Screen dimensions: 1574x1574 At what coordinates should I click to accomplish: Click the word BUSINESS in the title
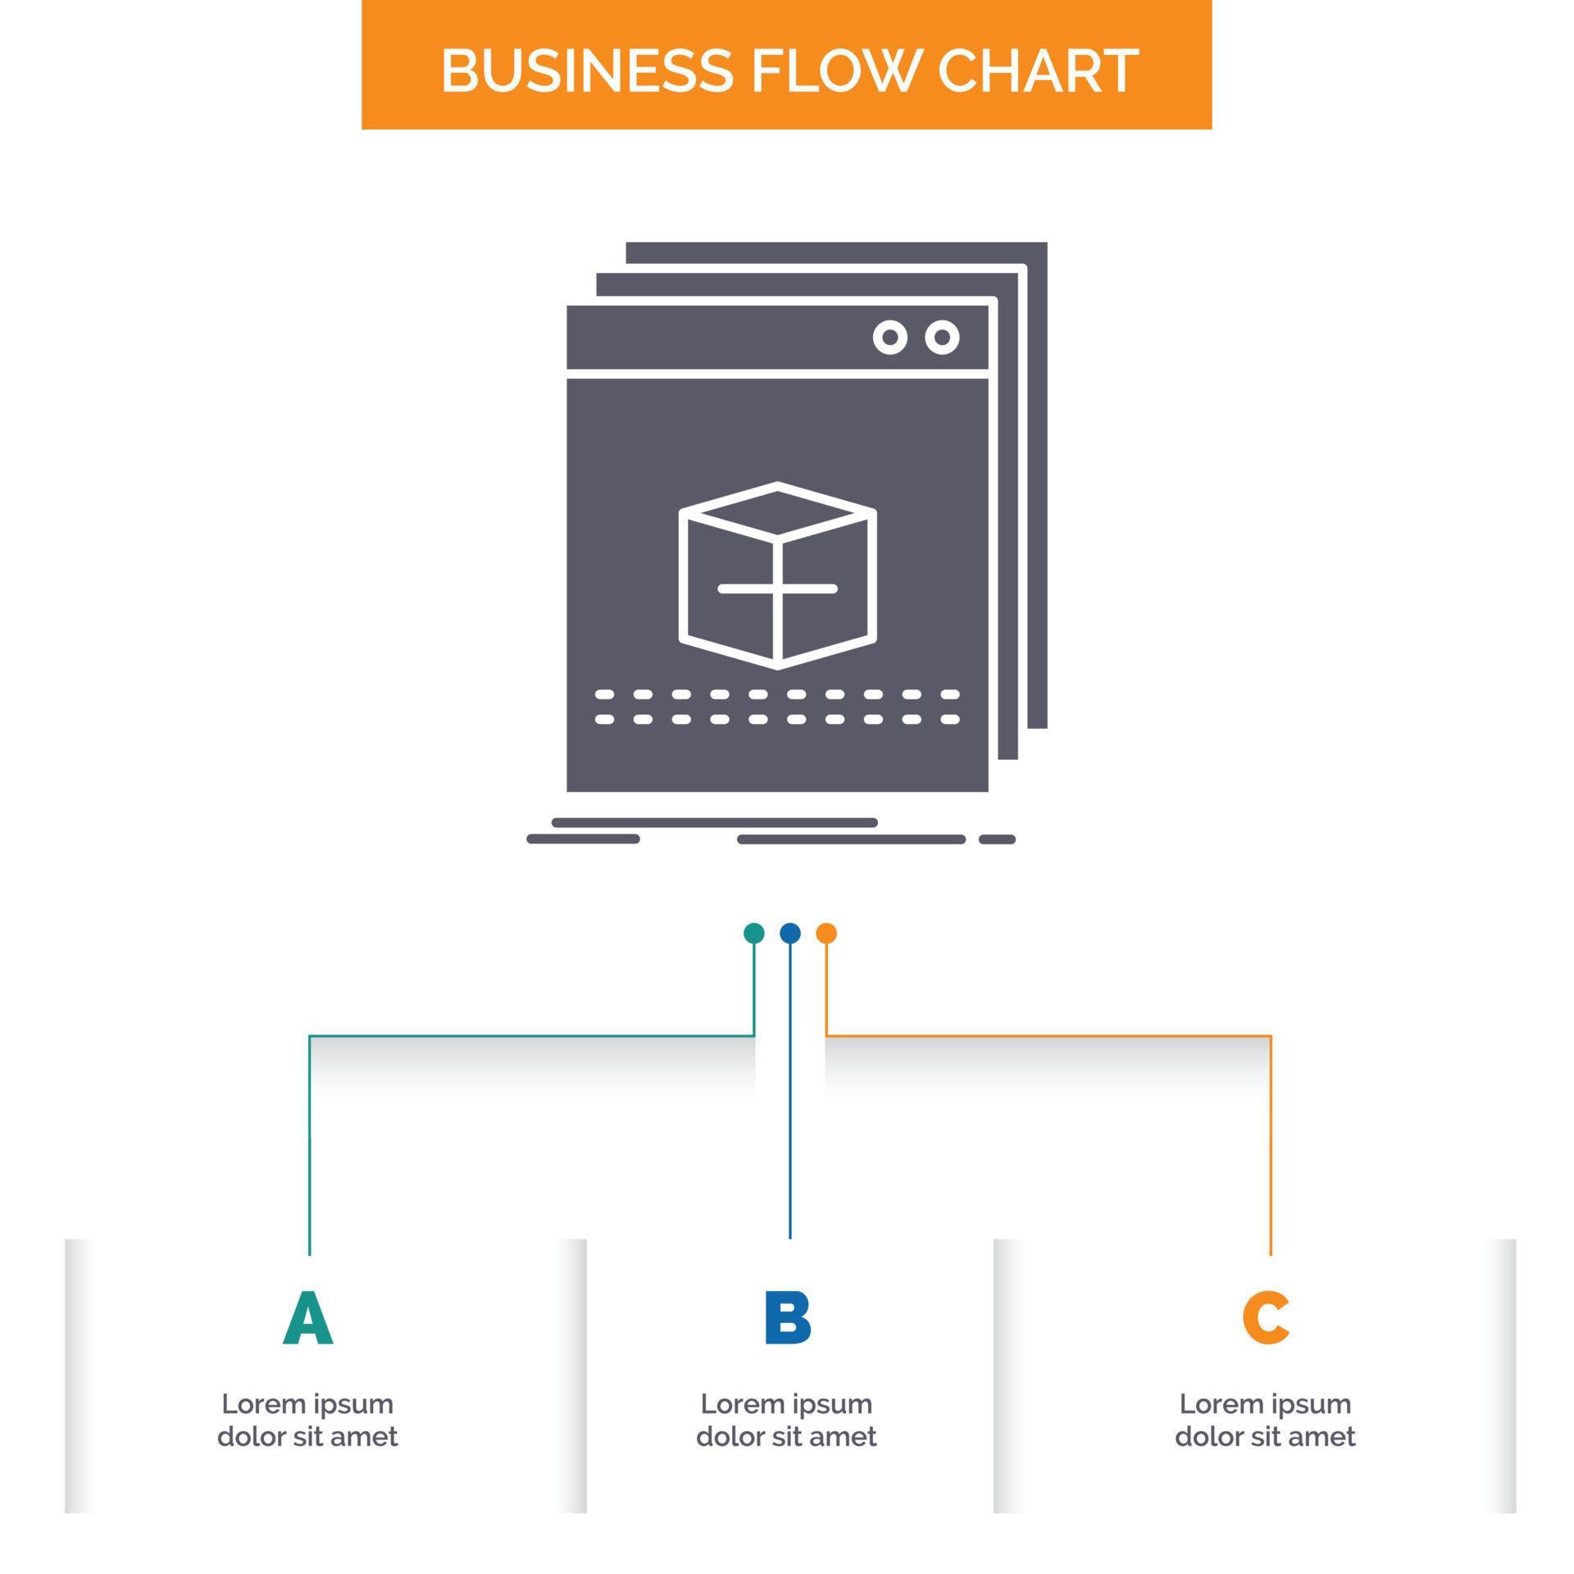pos(586,71)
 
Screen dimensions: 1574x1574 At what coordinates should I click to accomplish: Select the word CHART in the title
pos(1037,71)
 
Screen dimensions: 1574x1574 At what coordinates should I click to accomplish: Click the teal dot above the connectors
pos(753,933)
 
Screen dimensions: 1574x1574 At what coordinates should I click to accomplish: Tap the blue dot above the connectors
pos(790,933)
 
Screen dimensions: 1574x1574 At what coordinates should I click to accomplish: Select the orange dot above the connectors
pos(826,933)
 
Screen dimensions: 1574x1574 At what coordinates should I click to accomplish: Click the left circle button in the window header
pos(890,337)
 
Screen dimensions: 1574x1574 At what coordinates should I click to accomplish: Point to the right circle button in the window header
pos(943,337)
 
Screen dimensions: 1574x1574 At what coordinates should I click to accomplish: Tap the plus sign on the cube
pos(777,589)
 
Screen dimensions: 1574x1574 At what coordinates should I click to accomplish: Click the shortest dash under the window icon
pos(997,839)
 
